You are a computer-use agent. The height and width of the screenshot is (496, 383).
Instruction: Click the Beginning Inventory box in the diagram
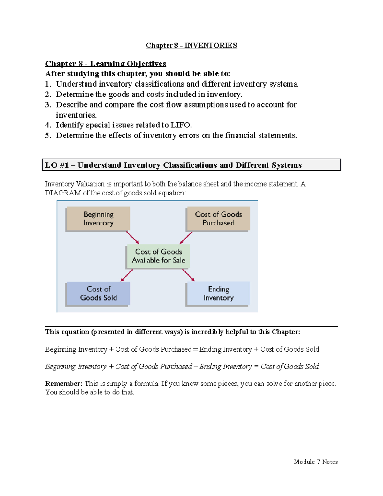point(98,218)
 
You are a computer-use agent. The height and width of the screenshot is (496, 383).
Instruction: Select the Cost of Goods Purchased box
point(218,218)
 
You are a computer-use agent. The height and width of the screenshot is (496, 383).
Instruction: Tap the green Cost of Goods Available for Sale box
point(158,256)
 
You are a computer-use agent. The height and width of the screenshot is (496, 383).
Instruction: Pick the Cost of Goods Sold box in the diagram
point(98,293)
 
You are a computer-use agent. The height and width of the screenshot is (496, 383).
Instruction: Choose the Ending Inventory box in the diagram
point(218,293)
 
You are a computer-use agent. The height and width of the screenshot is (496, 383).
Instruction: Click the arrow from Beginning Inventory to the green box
point(132,238)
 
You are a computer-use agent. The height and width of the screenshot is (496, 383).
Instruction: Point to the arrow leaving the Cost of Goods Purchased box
point(186,238)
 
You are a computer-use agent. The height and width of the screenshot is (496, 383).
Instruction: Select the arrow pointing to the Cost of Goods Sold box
point(127,275)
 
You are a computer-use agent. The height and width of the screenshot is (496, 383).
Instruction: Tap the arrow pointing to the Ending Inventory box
point(188,275)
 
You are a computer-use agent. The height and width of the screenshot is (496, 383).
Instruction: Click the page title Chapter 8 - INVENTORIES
point(191,45)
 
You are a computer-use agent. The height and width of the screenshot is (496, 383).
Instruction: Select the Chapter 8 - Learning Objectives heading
point(105,64)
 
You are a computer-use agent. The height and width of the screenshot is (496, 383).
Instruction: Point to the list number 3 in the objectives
point(48,105)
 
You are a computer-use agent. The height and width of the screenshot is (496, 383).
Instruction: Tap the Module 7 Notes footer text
point(316,462)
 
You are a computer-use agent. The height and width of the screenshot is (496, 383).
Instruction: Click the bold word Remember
point(64,384)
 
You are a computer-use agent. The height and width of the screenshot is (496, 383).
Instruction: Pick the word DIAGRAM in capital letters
point(63,193)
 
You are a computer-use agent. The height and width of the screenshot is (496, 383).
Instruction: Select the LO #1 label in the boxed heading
point(56,165)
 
